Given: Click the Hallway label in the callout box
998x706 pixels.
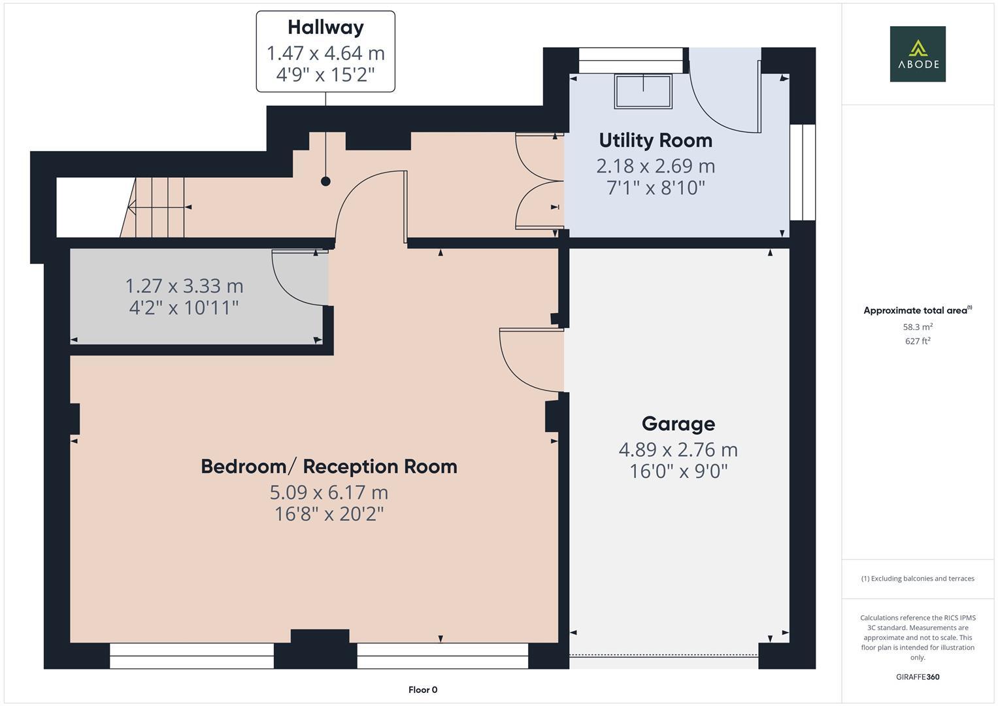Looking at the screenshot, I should point(325,27).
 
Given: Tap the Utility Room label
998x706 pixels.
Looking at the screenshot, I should point(656,141).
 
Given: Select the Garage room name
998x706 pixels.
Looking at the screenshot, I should point(678,424).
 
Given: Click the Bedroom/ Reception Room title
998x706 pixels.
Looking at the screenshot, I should point(329,467).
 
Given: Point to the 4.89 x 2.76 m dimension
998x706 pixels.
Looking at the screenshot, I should point(678,450).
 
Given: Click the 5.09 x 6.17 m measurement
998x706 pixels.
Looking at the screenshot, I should point(329,492).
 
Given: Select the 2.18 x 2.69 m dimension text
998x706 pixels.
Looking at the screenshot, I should point(656,166).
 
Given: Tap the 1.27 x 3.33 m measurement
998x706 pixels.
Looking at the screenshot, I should point(184,286).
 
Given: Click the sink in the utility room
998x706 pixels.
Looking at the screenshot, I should point(643,91).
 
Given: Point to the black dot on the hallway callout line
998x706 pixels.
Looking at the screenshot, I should point(325,182).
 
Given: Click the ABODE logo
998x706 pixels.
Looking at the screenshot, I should point(918,54).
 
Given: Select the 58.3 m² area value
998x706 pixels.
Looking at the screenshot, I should point(918,327).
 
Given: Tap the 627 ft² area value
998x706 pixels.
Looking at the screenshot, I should point(918,341).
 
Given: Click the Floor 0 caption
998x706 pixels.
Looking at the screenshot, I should point(422,690).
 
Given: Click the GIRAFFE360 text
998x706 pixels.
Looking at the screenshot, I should point(918,677).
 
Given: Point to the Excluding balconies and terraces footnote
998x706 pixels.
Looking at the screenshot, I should point(918,579).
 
